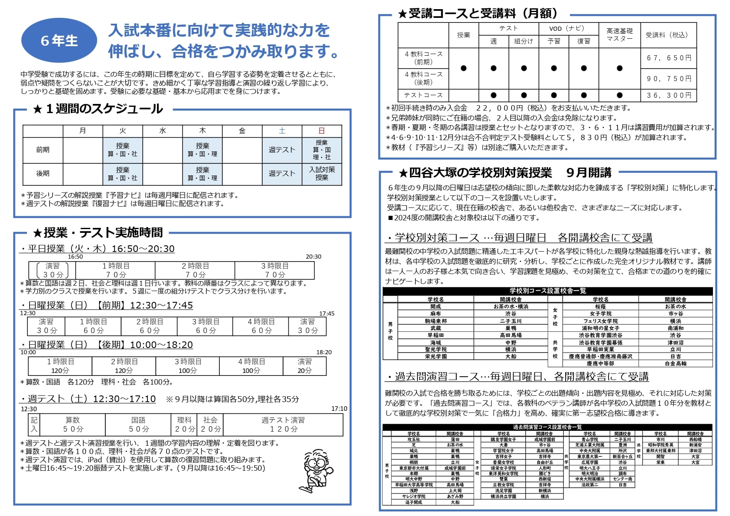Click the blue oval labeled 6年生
point(59,40)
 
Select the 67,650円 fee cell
point(669,58)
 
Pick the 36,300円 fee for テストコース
point(669,95)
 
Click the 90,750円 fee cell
point(669,79)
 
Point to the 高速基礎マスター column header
point(619,35)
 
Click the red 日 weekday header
point(322,131)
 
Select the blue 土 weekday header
point(282,131)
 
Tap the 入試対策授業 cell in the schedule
point(322,174)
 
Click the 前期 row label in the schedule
point(43,150)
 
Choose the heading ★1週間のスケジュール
point(98,109)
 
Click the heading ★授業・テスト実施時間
point(98,232)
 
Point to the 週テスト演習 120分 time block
point(283,425)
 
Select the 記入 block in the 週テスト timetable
point(34,425)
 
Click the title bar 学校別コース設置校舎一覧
point(547,291)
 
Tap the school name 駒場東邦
point(435,321)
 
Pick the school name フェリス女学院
point(600,321)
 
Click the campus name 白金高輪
point(675,363)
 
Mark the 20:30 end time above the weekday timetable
point(313,257)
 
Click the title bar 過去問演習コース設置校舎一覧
point(547,427)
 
